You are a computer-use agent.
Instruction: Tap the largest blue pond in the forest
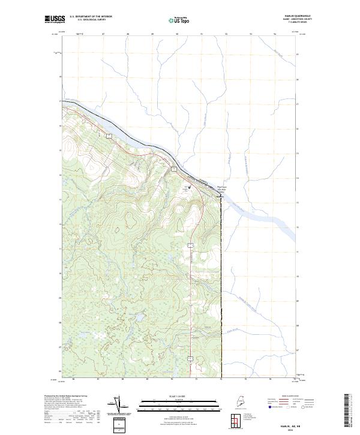tap(139, 314)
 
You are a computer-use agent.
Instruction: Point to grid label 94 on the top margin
tap(275, 34)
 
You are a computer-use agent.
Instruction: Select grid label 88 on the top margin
tap(128, 34)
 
